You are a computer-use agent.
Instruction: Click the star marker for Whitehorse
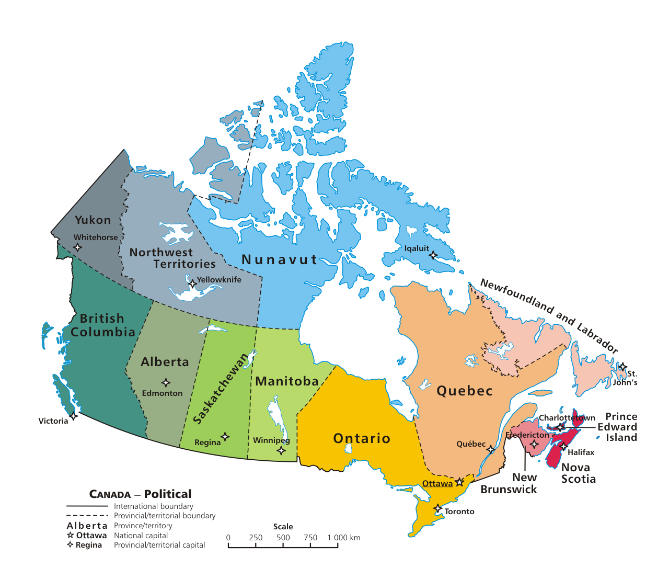pyautogui.click(x=77, y=247)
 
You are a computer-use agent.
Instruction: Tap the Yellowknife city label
pyautogui.click(x=219, y=280)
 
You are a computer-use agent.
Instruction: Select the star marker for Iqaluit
pyautogui.click(x=433, y=255)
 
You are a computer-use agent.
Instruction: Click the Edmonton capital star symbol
pyautogui.click(x=166, y=383)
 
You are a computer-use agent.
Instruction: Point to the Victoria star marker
pyautogui.click(x=74, y=416)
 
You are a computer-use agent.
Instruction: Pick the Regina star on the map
pyautogui.click(x=225, y=437)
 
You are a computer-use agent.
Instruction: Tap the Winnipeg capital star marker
pyautogui.click(x=281, y=450)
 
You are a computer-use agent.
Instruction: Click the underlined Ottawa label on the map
pyautogui.click(x=437, y=484)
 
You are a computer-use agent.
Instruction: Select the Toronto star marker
pyautogui.click(x=438, y=508)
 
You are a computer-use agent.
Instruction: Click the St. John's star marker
pyautogui.click(x=622, y=367)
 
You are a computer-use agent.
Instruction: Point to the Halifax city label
pyautogui.click(x=581, y=452)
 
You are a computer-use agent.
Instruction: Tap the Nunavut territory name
pyautogui.click(x=280, y=260)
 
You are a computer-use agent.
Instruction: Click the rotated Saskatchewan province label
pyautogui.click(x=221, y=389)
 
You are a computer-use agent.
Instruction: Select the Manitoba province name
pyautogui.click(x=287, y=382)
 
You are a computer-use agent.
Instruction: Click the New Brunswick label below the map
pyautogui.click(x=509, y=484)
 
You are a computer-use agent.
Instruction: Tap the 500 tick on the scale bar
pyautogui.click(x=283, y=544)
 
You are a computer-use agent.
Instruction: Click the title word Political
pyautogui.click(x=168, y=494)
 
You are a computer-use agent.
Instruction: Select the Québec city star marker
pyautogui.click(x=491, y=450)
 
